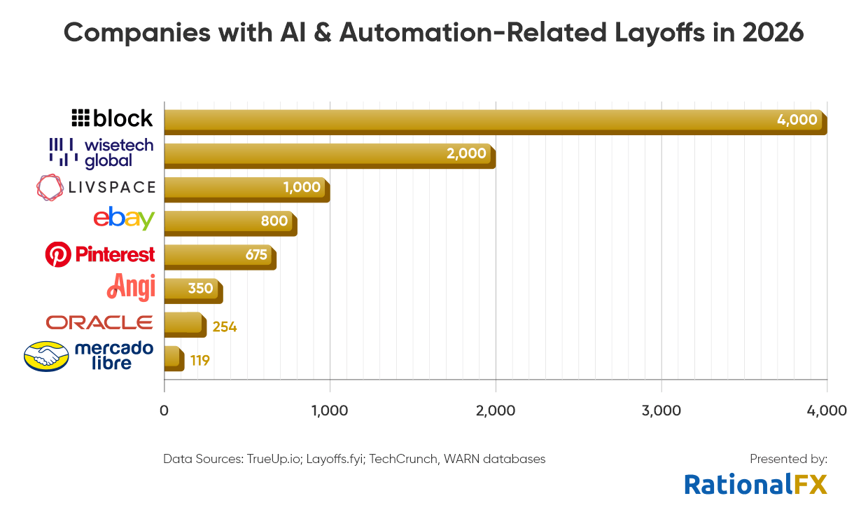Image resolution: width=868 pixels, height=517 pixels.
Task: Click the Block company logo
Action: (x=112, y=118)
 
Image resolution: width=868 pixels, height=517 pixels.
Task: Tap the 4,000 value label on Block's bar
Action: (x=797, y=120)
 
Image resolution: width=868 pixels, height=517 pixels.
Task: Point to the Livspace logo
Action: (x=96, y=187)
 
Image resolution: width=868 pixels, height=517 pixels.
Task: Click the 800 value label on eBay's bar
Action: (x=274, y=221)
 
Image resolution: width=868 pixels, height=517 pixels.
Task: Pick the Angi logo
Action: (x=131, y=287)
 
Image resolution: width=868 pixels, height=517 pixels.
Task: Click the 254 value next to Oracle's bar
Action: (x=224, y=326)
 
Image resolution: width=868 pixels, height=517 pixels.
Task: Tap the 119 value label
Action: (x=199, y=361)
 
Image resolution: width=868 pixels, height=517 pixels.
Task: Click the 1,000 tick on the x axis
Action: (x=330, y=411)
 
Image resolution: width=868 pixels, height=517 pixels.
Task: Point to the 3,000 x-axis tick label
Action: (x=661, y=411)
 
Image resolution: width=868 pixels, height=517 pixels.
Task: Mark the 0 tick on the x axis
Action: (x=164, y=411)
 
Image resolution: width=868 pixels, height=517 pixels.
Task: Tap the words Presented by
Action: (x=788, y=459)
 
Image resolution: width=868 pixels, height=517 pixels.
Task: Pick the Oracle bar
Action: (x=185, y=324)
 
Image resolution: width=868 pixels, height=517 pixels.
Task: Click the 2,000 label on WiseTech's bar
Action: (x=466, y=153)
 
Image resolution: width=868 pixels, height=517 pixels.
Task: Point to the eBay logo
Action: (x=124, y=219)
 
